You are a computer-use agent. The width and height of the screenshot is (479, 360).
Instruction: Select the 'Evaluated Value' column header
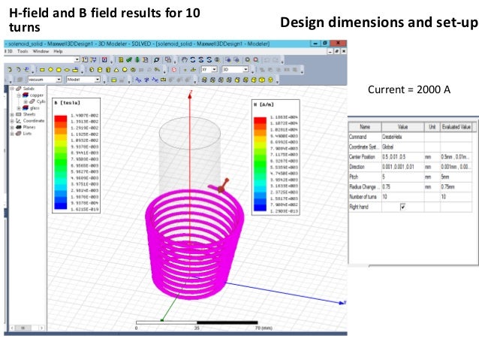(x=456, y=128)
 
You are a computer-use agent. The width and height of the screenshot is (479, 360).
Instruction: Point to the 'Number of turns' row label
(x=366, y=195)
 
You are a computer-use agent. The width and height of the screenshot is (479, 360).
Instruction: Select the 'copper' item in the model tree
(x=36, y=95)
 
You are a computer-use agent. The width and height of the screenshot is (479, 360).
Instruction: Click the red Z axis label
(x=192, y=93)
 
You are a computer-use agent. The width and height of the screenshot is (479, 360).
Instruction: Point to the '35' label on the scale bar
(x=196, y=328)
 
